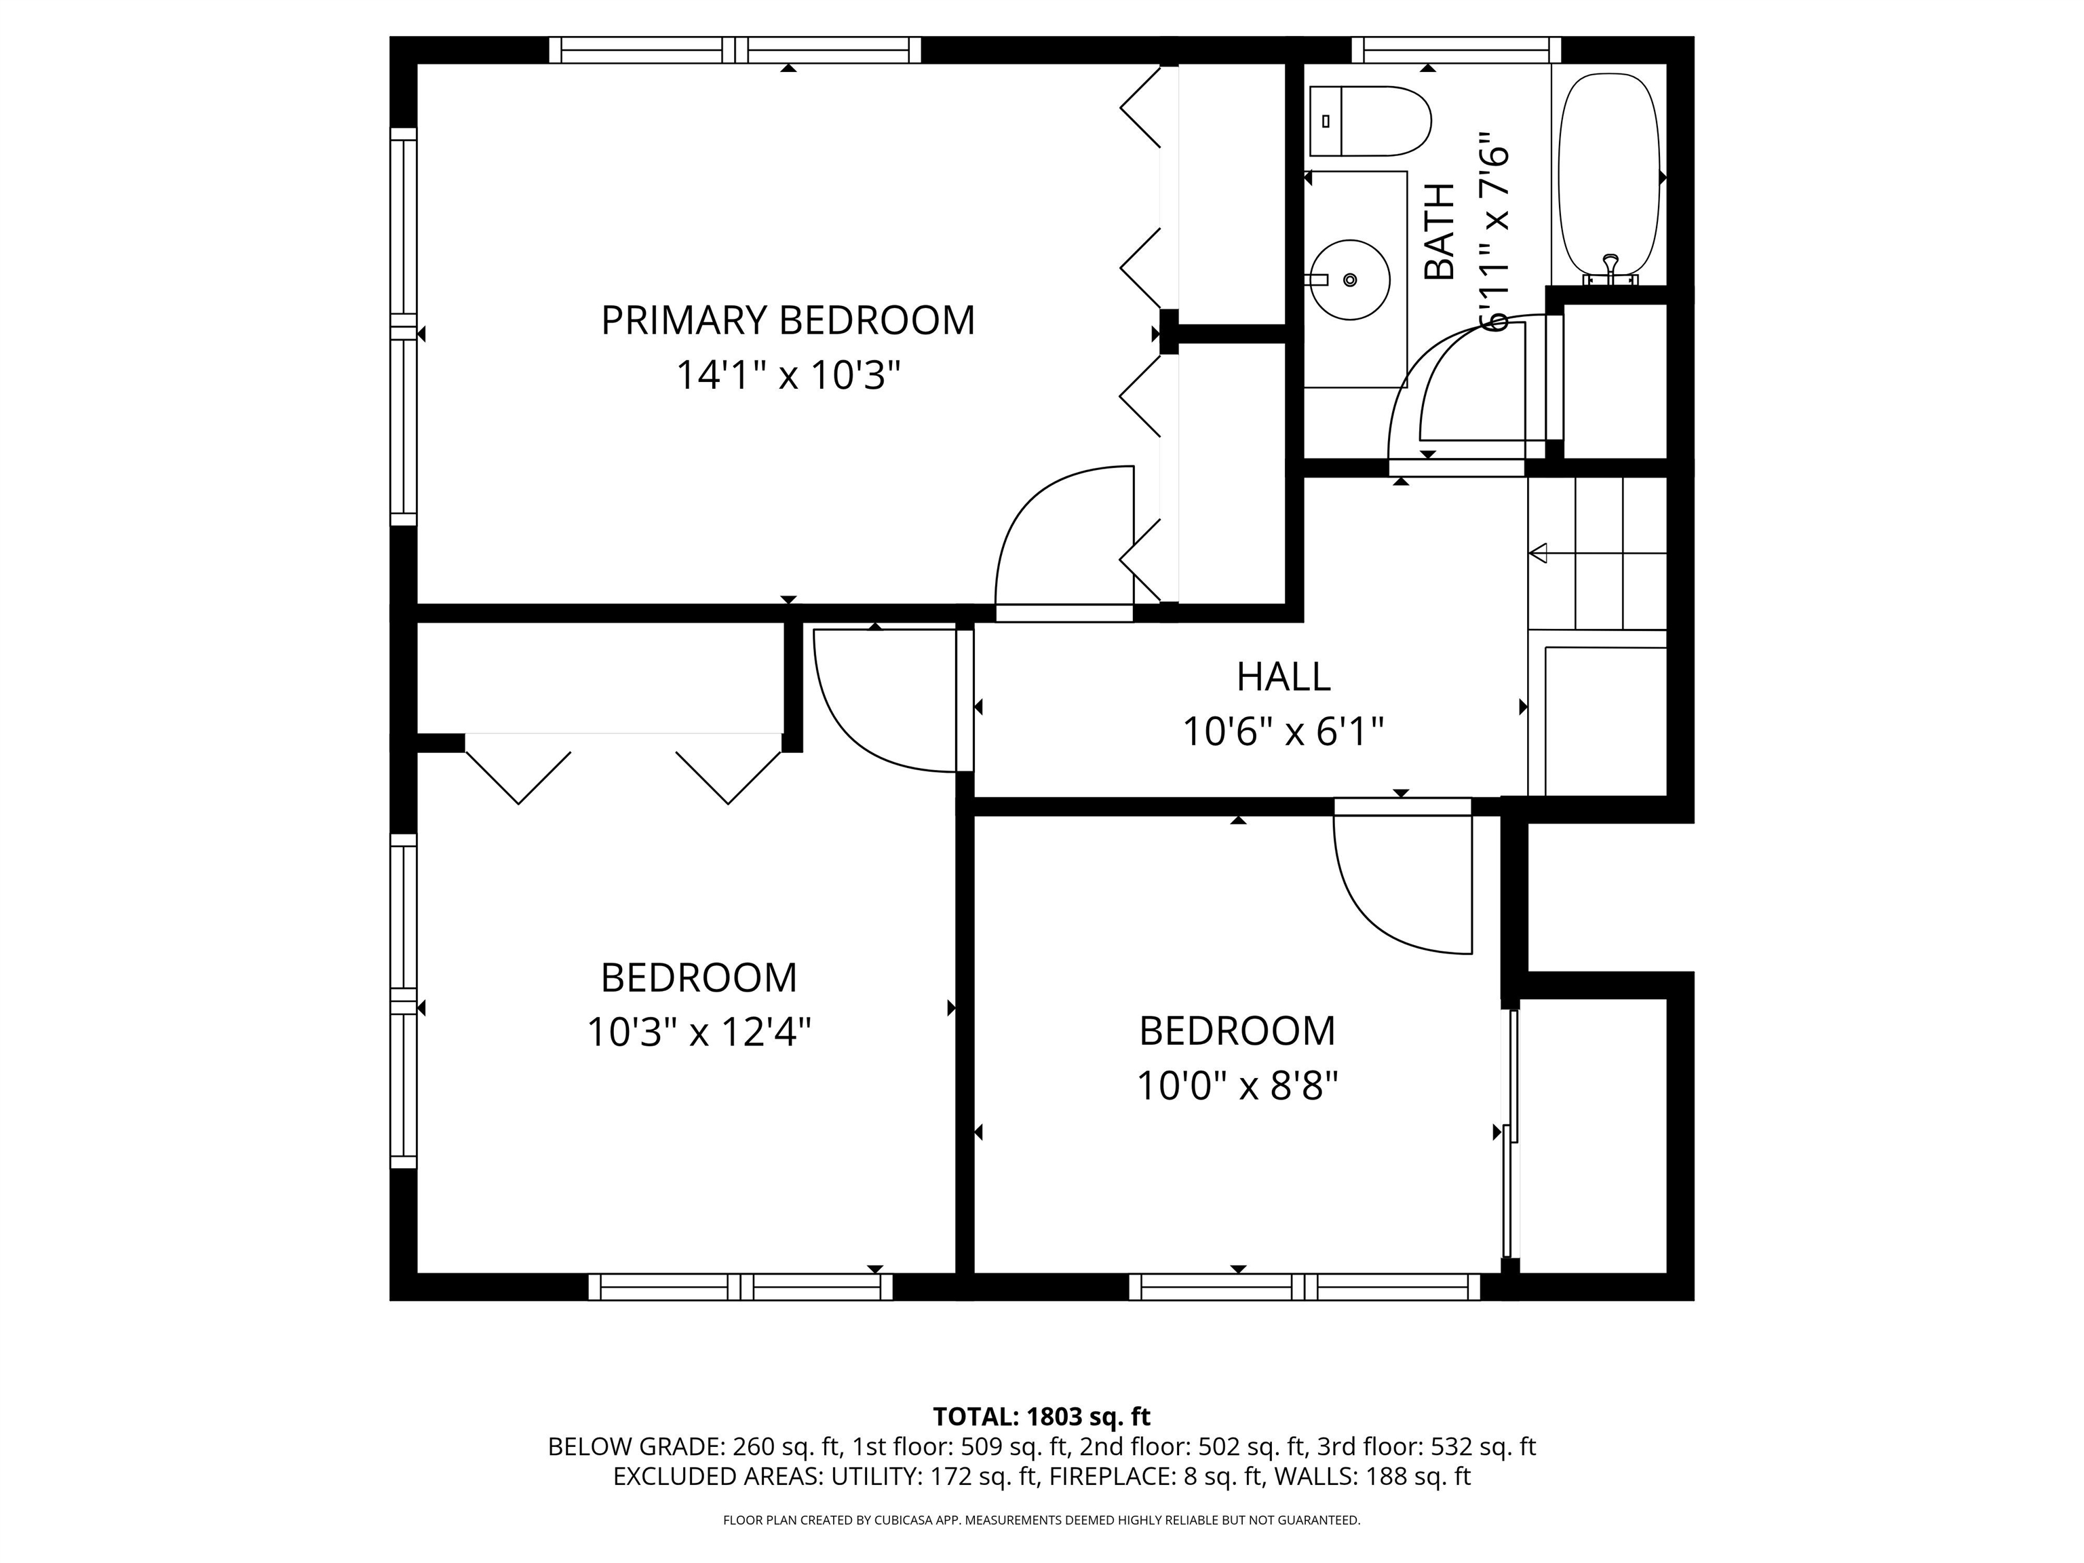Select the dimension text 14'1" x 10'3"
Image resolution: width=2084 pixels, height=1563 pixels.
click(788, 376)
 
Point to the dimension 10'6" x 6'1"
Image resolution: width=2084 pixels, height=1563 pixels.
click(1284, 731)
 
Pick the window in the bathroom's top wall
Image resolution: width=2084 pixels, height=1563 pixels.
click(1456, 50)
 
